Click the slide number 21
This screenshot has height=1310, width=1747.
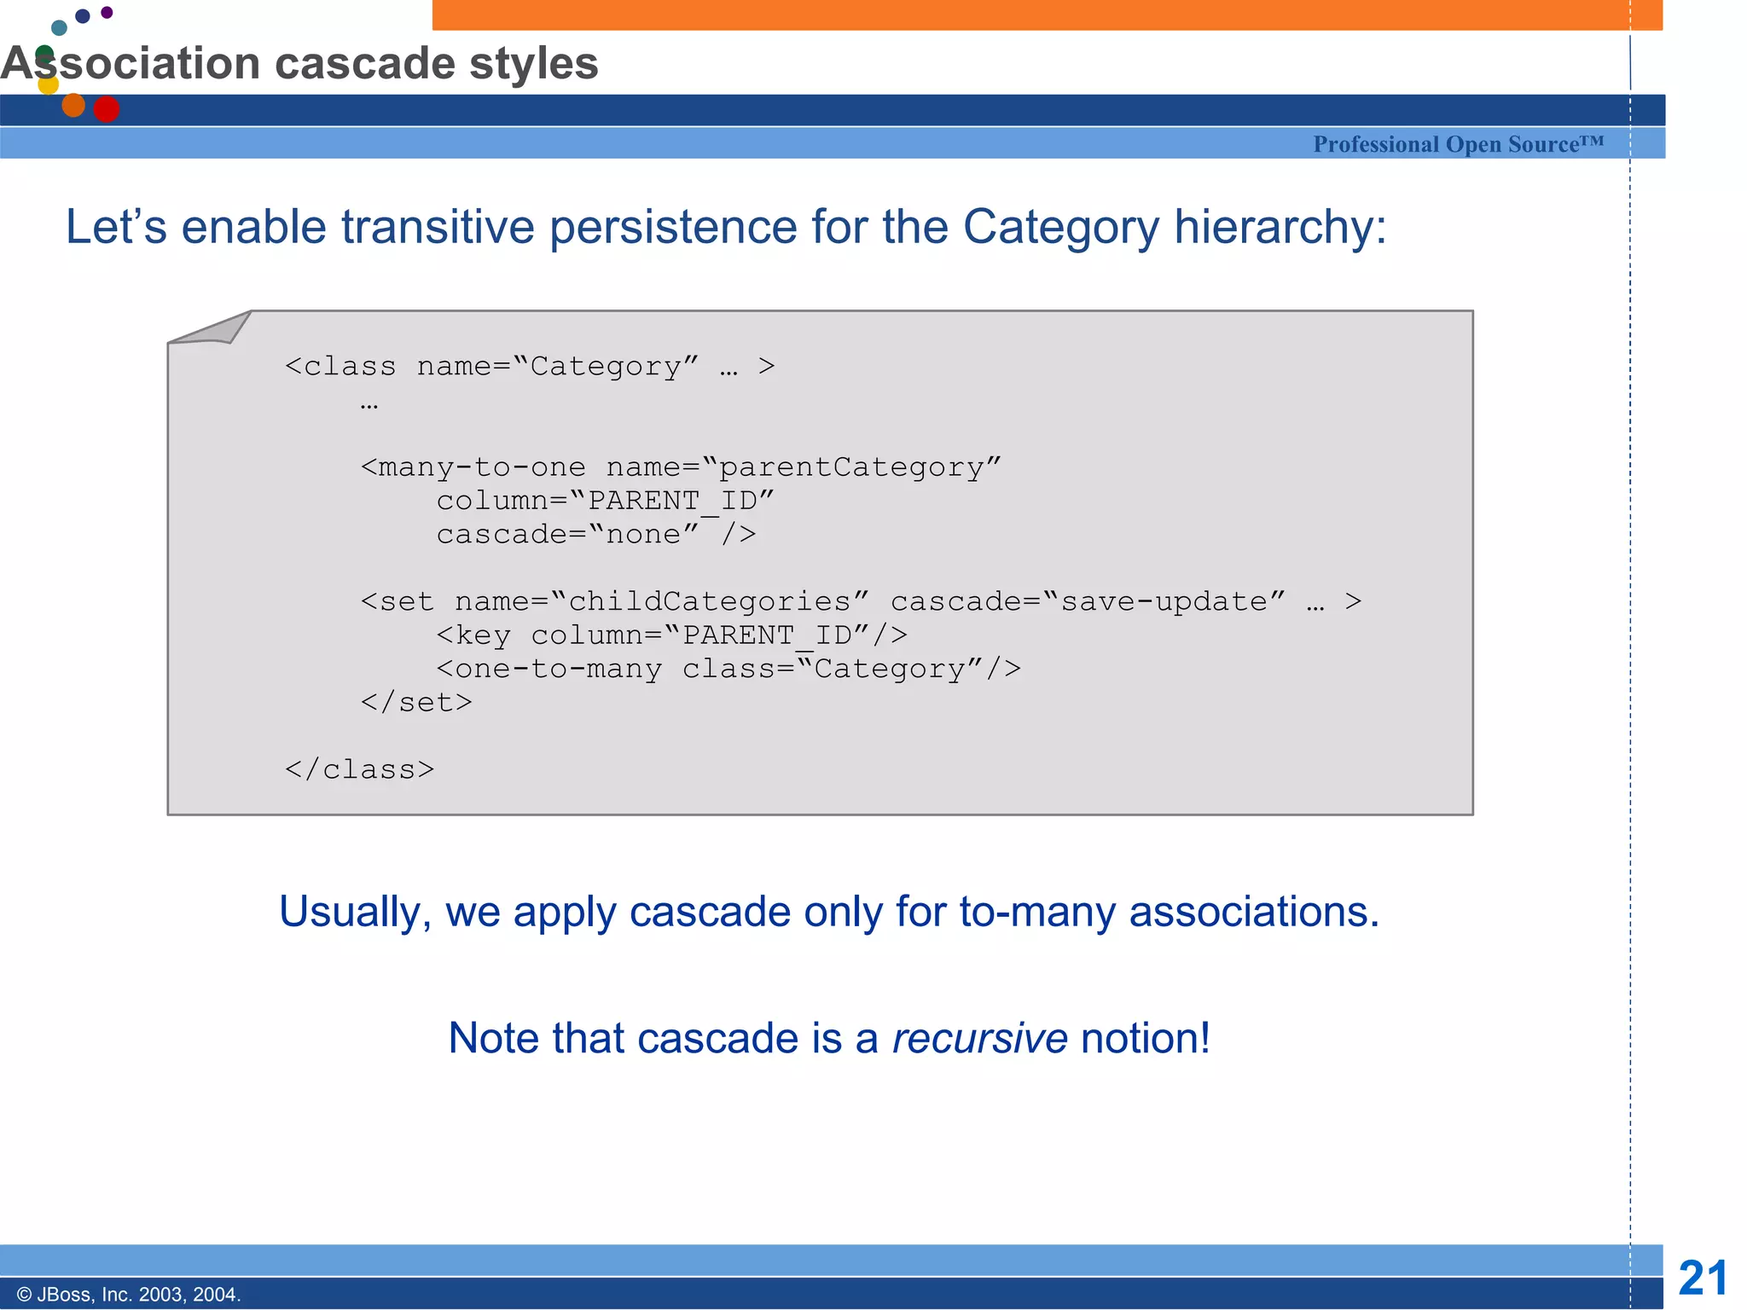click(x=1703, y=1278)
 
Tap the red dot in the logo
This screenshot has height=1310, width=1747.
click(x=107, y=109)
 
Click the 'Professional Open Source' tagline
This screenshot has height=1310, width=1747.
click(x=1458, y=144)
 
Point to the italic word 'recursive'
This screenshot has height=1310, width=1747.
click(x=979, y=1038)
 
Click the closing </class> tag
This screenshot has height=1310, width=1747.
click(x=359, y=769)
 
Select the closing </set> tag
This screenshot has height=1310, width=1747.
click(x=415, y=702)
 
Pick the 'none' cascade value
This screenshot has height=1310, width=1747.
click(x=643, y=535)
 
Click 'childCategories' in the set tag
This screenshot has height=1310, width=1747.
click(x=710, y=601)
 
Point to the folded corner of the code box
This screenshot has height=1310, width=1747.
click(x=213, y=329)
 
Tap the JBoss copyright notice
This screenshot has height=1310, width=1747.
click(x=129, y=1294)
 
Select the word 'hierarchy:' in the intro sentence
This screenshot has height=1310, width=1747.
click(x=1280, y=228)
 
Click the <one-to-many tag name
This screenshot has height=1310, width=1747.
click(x=549, y=669)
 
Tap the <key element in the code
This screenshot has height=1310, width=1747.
click(x=474, y=635)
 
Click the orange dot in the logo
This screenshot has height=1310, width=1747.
click(x=73, y=105)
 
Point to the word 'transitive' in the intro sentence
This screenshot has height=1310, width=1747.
click(x=438, y=228)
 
